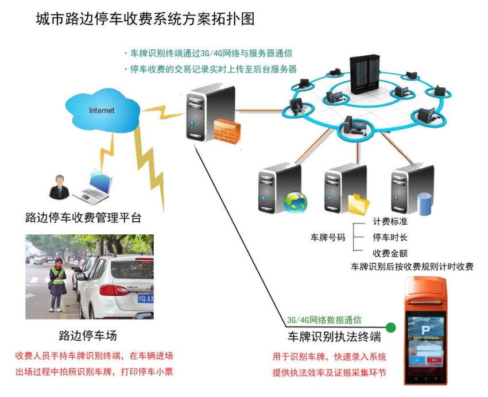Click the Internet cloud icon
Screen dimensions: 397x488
coord(102,109)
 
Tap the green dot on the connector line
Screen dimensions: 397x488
coord(390,328)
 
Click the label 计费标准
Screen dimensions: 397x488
coord(390,222)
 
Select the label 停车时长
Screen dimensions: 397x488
coord(390,237)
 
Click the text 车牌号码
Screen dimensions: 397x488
coord(328,237)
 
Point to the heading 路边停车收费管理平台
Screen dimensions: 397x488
coord(83,218)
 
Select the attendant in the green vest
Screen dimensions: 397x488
coord(57,284)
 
